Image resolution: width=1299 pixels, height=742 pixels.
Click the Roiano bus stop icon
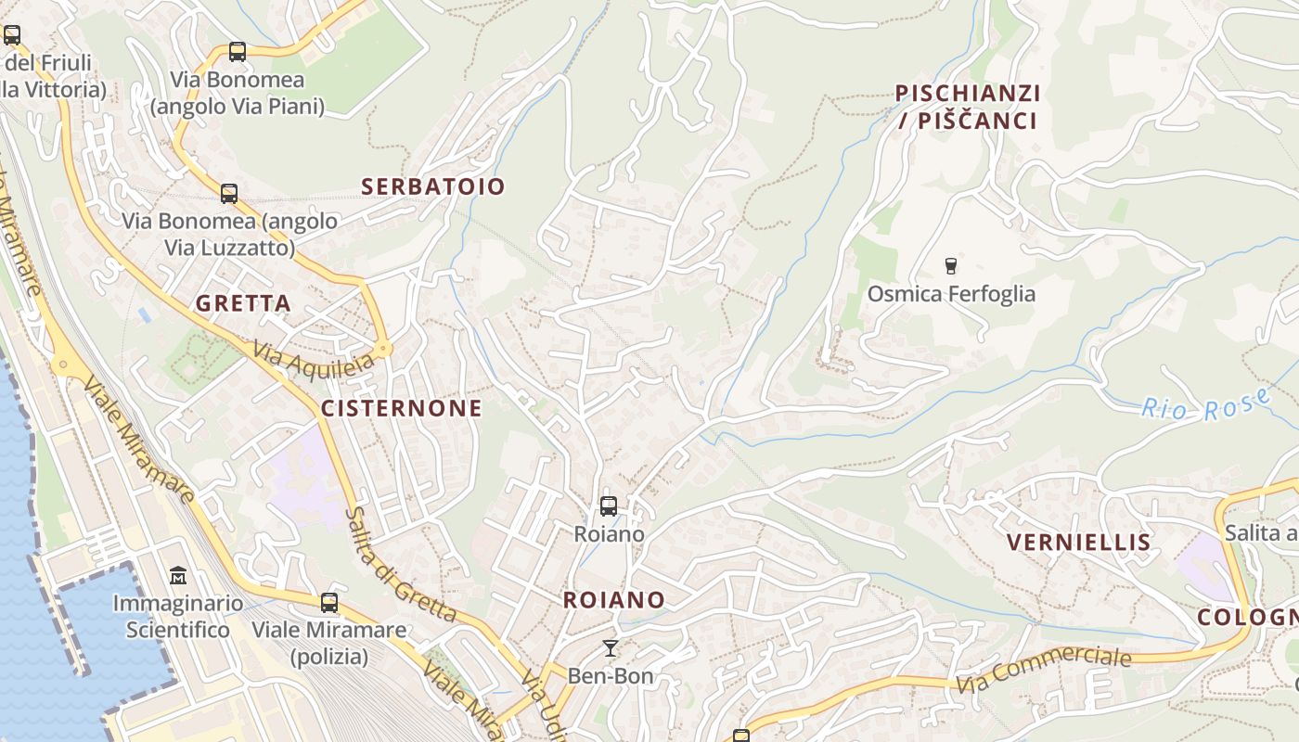pyautogui.click(x=609, y=506)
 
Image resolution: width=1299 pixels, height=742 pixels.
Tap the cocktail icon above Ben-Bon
pyautogui.click(x=610, y=647)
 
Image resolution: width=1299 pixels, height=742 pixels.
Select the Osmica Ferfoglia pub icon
pyautogui.click(x=950, y=266)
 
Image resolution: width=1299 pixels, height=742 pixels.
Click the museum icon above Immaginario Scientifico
pyautogui.click(x=178, y=576)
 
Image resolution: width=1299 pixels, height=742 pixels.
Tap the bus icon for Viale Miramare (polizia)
pyautogui.click(x=329, y=603)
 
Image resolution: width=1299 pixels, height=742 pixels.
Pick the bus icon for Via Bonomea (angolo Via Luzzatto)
pyautogui.click(x=229, y=194)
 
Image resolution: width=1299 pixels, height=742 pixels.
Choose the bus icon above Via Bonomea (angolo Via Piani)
pyautogui.click(x=238, y=52)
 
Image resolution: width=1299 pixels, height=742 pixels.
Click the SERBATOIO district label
pyautogui.click(x=433, y=186)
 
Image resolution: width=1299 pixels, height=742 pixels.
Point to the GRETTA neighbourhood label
pyautogui.click(x=243, y=303)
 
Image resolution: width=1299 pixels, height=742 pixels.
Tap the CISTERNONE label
pyautogui.click(x=402, y=409)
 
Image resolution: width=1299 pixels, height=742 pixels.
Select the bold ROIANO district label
pyautogui.click(x=614, y=600)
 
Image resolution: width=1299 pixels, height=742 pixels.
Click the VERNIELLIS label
pyautogui.click(x=1078, y=543)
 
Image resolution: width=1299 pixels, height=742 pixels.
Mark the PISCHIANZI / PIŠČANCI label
pyautogui.click(x=968, y=107)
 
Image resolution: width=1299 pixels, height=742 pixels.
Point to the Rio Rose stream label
pyautogui.click(x=1205, y=405)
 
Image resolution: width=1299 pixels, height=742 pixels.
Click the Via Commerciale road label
pyautogui.click(x=1044, y=670)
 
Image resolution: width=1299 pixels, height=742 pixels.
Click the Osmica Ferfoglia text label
pyautogui.click(x=951, y=294)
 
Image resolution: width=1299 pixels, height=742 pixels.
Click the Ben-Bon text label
pyautogui.click(x=611, y=675)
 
